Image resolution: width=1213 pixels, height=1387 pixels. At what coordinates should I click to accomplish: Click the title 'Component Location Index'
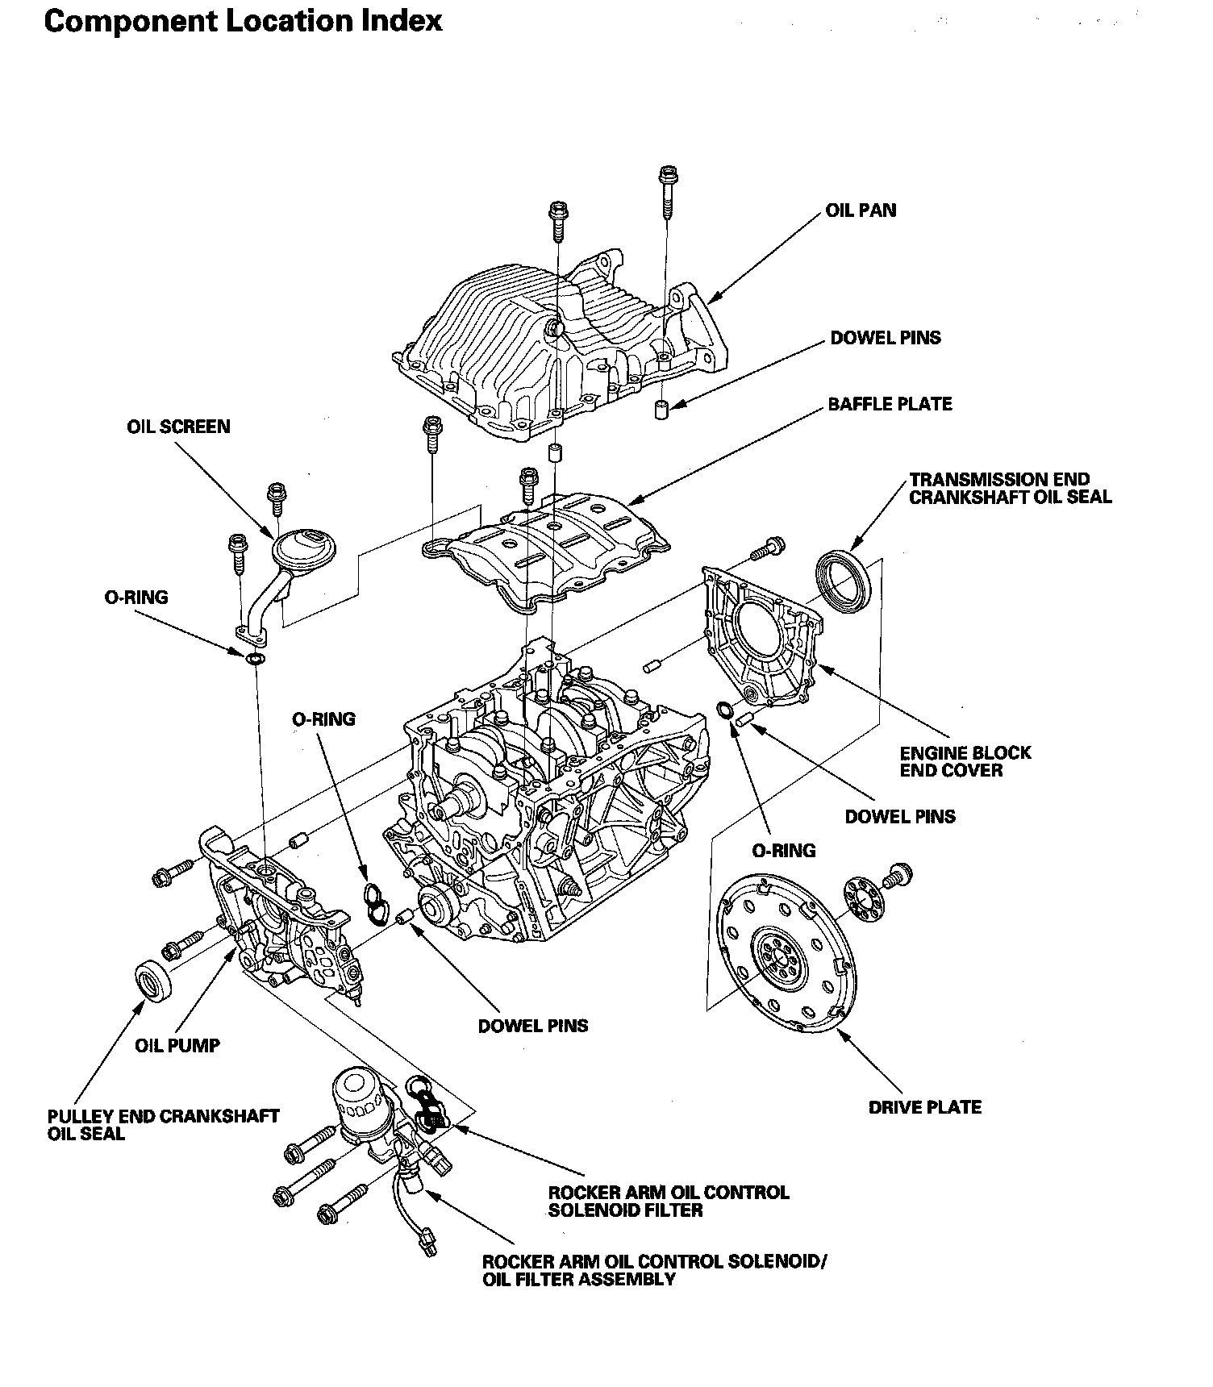[243, 22]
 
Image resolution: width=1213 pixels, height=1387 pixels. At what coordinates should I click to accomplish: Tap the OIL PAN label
[861, 210]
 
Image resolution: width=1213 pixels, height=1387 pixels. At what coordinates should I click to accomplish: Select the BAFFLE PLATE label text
[890, 403]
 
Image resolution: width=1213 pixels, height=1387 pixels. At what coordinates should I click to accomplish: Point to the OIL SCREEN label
[178, 427]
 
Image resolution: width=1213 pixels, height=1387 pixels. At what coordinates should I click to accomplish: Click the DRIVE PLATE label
[925, 1107]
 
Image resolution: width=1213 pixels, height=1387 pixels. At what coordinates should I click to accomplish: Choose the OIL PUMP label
[177, 1046]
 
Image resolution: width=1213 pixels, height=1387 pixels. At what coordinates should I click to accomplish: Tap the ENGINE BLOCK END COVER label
[965, 761]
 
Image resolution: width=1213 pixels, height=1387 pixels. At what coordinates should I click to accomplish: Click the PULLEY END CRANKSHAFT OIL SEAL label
[163, 1125]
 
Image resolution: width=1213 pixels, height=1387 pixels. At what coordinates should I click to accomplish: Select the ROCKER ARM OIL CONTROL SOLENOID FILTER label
[669, 1201]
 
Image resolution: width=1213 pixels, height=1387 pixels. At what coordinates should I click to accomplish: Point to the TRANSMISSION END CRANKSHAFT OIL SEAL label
[1010, 488]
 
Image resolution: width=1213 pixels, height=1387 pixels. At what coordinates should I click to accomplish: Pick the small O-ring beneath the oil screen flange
[255, 660]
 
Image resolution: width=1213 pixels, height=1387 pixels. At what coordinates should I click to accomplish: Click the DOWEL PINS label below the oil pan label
[886, 338]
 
